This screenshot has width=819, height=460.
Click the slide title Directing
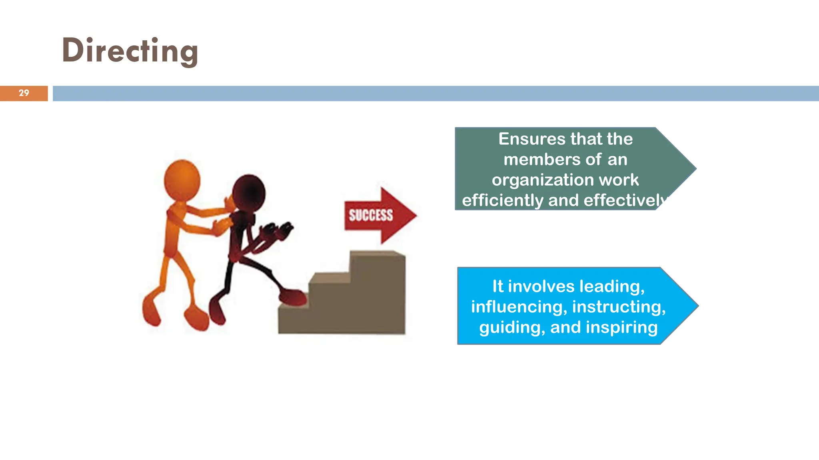130,51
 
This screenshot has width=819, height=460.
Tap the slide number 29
24,93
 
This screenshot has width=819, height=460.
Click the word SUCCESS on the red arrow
371,215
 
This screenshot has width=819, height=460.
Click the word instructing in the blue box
619,307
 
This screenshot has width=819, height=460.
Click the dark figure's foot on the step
294,297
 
